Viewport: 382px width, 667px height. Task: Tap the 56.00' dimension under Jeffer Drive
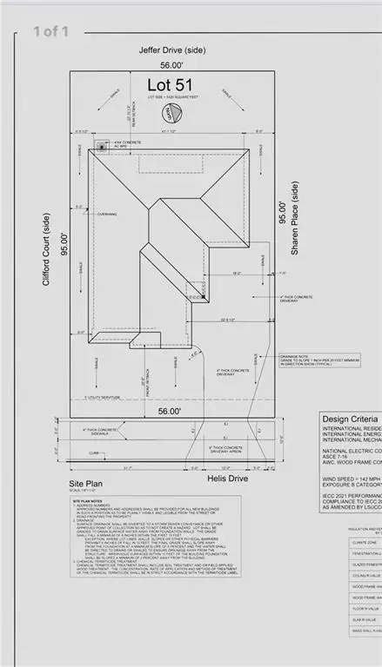pyautogui.click(x=168, y=63)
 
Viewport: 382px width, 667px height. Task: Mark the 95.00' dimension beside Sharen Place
pyautogui.click(x=280, y=212)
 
